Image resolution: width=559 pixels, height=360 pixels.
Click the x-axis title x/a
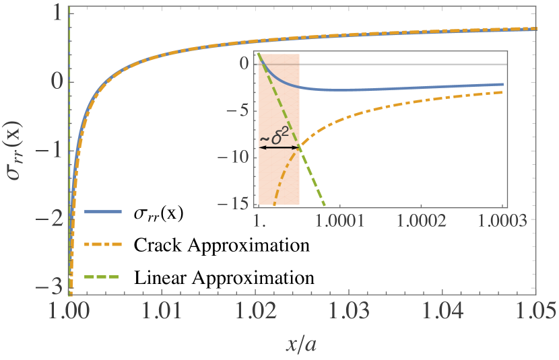click(302, 345)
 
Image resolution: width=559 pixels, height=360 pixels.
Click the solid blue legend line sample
click(103, 211)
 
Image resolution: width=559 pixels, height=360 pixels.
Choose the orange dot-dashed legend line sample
click(103, 244)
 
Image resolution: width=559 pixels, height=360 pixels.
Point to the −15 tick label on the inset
click(239, 203)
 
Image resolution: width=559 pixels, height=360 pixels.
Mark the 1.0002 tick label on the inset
click(422, 220)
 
